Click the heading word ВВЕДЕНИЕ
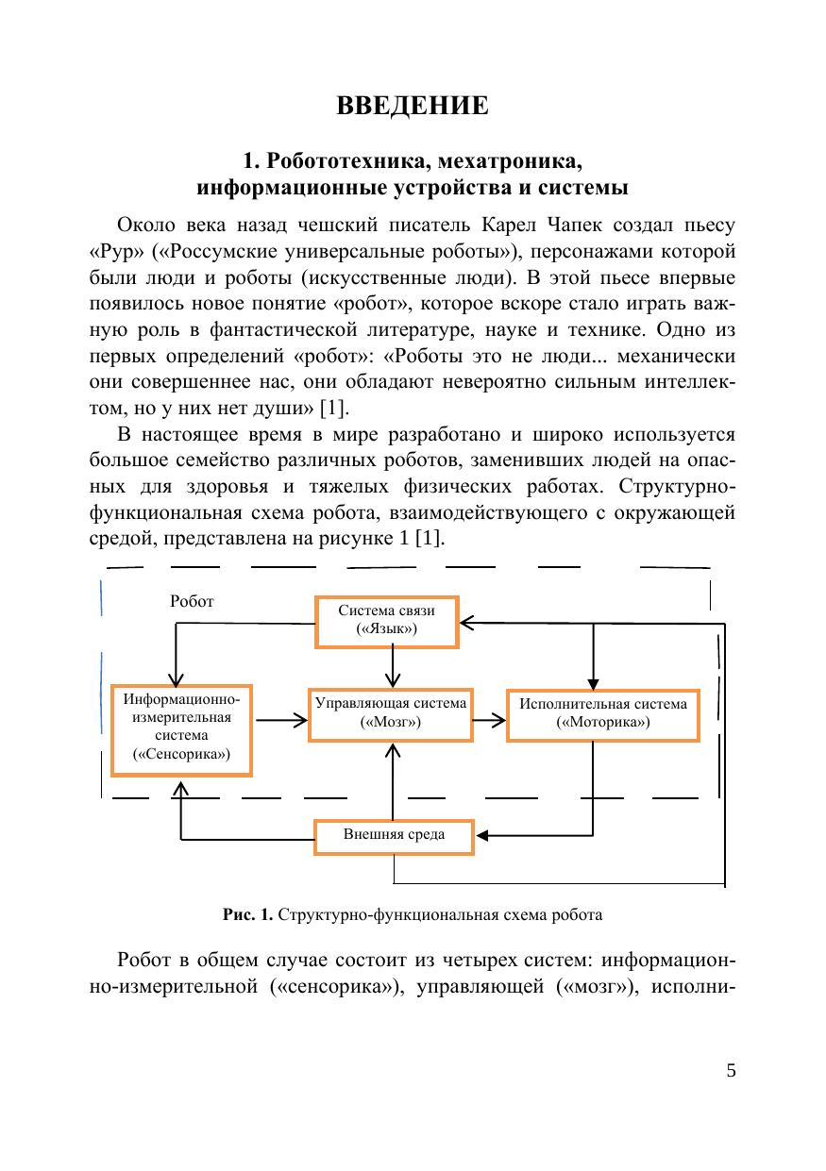[413, 106]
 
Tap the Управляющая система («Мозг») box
[391, 713]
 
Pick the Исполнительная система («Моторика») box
[602, 713]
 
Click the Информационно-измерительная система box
[181, 729]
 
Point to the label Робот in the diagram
[192, 601]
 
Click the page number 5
[731, 1070]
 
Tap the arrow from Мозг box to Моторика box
[489, 720]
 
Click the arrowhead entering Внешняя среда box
[483, 836]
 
